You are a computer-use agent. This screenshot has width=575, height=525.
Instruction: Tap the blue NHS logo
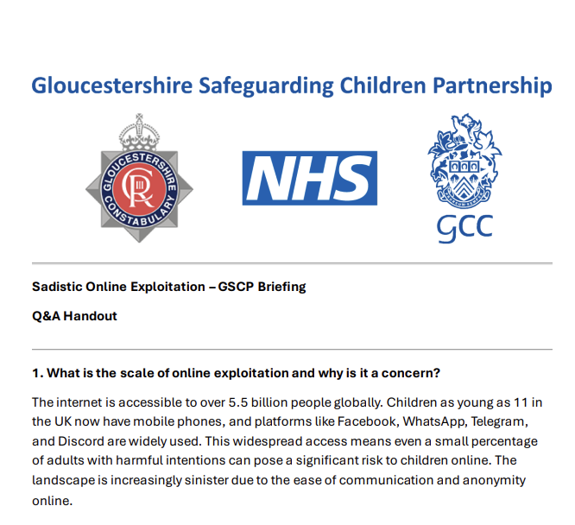click(309, 178)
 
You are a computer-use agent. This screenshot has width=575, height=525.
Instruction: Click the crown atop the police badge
click(139, 130)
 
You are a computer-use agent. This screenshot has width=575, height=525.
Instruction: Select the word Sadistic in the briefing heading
click(57, 287)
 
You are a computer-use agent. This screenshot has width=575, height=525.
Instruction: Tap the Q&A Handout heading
click(74, 315)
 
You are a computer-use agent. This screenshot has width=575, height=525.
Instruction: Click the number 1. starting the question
click(37, 374)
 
